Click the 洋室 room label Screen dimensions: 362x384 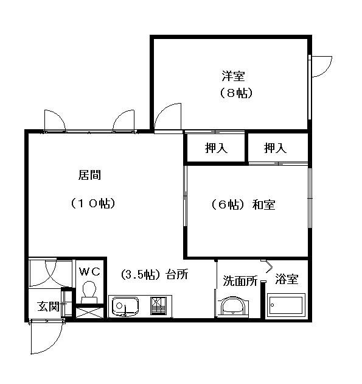click(233, 76)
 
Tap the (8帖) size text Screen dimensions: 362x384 click(236, 93)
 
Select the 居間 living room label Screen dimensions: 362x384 click(89, 175)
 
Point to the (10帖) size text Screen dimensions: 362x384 click(93, 203)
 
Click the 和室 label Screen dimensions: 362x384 click(263, 204)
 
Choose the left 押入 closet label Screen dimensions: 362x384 click(216, 148)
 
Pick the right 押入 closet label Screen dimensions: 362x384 click(275, 148)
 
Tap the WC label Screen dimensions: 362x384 click(89, 272)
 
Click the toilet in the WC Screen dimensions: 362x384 click(89, 292)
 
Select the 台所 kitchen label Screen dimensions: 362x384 click(177, 274)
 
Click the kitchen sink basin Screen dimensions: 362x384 click(125, 307)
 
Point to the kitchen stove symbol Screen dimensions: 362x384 click(158, 305)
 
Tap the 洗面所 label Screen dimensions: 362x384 click(240, 280)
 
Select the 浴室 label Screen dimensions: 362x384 click(287, 279)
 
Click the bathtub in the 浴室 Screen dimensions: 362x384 click(286, 305)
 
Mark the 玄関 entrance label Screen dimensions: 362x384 click(49, 306)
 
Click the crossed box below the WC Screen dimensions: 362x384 click(89, 313)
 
